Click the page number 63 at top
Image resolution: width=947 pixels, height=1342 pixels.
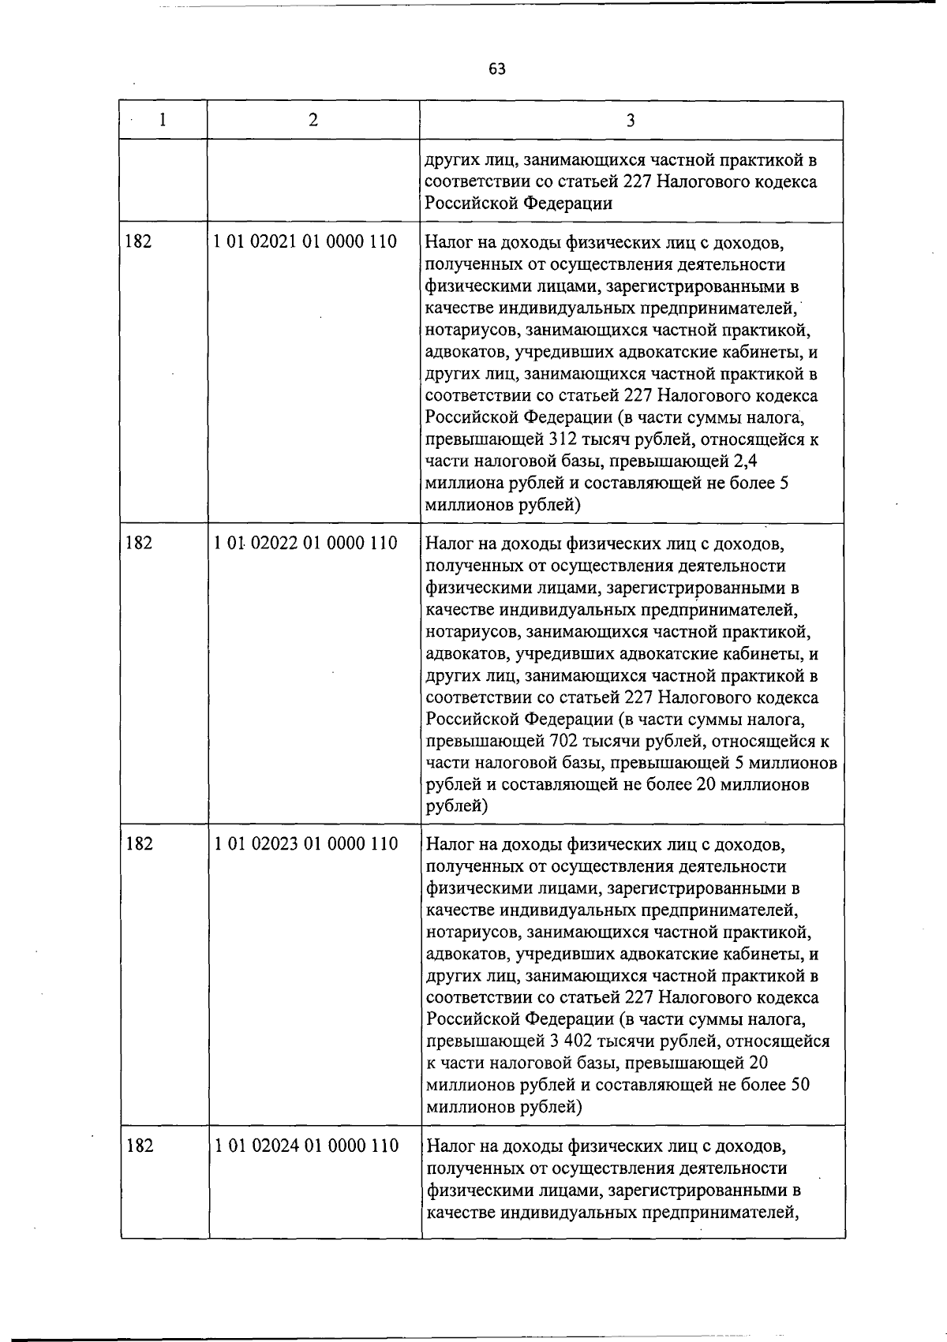pyautogui.click(x=496, y=69)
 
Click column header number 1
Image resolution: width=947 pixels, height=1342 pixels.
pyautogui.click(x=163, y=120)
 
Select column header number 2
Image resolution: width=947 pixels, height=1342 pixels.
pyautogui.click(x=313, y=120)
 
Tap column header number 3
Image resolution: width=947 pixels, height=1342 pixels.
pyautogui.click(x=630, y=120)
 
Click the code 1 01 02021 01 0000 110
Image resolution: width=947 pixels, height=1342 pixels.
pyautogui.click(x=305, y=241)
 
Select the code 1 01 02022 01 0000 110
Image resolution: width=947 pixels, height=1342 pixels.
pyautogui.click(x=305, y=544)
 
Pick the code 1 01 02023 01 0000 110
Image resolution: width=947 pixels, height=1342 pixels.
pyautogui.click(x=305, y=844)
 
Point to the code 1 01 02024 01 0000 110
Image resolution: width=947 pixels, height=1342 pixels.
pyautogui.click(x=306, y=1146)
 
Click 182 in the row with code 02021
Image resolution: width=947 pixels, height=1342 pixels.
pyautogui.click(x=138, y=241)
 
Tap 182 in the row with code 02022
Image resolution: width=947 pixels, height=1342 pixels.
pyautogui.click(x=138, y=544)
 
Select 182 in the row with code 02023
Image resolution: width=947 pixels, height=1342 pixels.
pyautogui.click(x=139, y=844)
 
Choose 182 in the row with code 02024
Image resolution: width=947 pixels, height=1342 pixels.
pyautogui.click(x=140, y=1146)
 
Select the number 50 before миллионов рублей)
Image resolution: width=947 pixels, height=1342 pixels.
pyautogui.click(x=799, y=1085)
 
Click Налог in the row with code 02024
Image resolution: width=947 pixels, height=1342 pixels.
pyautogui.click(x=451, y=1146)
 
